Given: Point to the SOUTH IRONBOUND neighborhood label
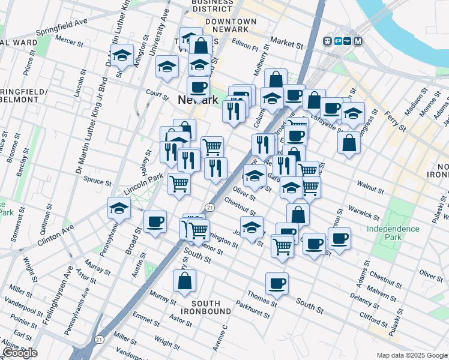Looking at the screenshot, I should pyautogui.click(x=206, y=307).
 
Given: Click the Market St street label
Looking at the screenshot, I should pyautogui.click(x=287, y=43).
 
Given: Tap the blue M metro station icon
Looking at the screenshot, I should pyautogui.click(x=358, y=41).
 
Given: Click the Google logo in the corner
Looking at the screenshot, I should pyautogui.click(x=20, y=353).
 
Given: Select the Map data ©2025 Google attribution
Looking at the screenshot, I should pyautogui.click(x=411, y=355).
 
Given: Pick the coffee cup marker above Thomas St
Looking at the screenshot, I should pyautogui.click(x=277, y=283).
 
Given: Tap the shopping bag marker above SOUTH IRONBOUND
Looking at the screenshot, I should pyautogui.click(x=185, y=280).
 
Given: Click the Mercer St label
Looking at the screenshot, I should pyautogui.click(x=69, y=41).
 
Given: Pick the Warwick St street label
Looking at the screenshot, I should pyautogui.click(x=365, y=214).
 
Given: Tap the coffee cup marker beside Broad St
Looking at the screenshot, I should pyautogui.click(x=155, y=222).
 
